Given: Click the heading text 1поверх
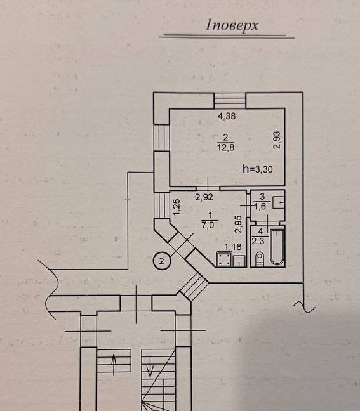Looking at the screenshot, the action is click(232, 26).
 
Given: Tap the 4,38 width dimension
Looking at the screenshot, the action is click(227, 116).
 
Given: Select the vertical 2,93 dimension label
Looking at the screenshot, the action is click(277, 140).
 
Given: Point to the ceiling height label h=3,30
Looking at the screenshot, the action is click(258, 169).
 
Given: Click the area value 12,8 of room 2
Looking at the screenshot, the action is click(225, 147).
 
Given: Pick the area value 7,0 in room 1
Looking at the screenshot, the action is click(208, 225).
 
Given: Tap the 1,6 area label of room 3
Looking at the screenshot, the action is click(260, 206).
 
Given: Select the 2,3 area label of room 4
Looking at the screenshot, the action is click(258, 241).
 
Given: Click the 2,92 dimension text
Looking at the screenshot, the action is click(204, 197).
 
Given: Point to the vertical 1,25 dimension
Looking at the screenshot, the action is click(177, 207).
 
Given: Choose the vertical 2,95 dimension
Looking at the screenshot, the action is click(238, 225).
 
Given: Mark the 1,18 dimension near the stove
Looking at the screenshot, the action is click(233, 247).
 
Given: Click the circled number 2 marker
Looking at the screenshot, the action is click(162, 261).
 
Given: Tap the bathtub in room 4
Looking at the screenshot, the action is click(277, 247).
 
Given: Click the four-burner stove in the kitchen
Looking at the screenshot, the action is click(224, 259).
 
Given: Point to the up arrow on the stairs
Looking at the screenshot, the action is click(114, 365).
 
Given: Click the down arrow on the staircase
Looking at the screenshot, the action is click(150, 366).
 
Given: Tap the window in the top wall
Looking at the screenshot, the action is click(230, 100).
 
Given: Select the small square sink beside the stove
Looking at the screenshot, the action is click(239, 261).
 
